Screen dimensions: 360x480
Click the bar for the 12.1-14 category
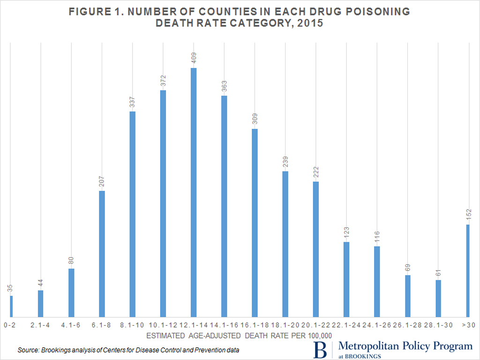[194, 192]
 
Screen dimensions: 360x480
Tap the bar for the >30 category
[468, 270]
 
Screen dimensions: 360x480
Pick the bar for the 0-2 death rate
[11, 306]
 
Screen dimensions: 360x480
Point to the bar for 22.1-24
[346, 279]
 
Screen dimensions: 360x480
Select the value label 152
[468, 216]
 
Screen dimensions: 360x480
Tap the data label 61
[438, 273]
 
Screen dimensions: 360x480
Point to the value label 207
[102, 182]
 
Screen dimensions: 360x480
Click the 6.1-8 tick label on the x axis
[102, 324]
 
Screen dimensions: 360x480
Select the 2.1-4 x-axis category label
[41, 324]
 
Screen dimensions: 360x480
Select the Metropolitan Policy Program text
[405, 346]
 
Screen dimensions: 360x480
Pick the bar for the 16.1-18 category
[255, 223]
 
